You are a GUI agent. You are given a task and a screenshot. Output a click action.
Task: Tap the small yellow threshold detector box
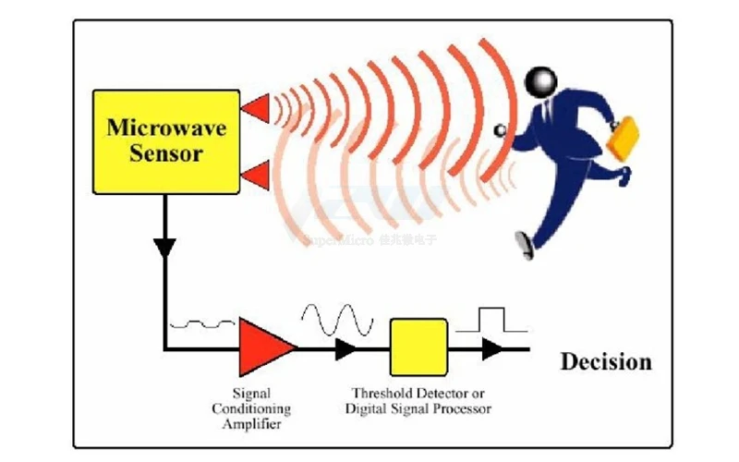coord(418,348)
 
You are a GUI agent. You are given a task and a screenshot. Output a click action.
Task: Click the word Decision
coord(605,361)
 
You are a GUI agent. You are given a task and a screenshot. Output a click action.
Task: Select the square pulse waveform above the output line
coord(491,321)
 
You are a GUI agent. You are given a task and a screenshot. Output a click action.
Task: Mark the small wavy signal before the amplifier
coord(208,324)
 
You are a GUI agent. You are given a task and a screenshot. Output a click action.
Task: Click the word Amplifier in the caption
coord(251,424)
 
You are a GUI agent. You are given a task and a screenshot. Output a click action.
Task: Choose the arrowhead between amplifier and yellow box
coord(345,348)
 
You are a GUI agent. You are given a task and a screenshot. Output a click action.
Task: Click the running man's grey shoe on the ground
coord(525,244)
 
